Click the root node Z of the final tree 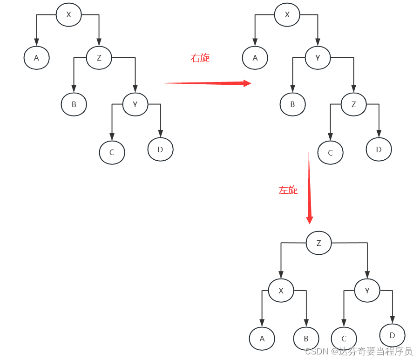318,243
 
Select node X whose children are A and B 281,291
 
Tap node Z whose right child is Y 99,58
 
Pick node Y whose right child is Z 318,58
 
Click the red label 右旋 200,58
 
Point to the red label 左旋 288,190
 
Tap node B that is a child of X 306,339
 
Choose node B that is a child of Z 74,104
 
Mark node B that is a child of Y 292,104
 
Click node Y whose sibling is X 367,291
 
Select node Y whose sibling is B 135,104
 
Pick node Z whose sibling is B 353,104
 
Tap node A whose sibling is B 262,339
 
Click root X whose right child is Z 68,14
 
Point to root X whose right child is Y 287,14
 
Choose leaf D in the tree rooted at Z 392,335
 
